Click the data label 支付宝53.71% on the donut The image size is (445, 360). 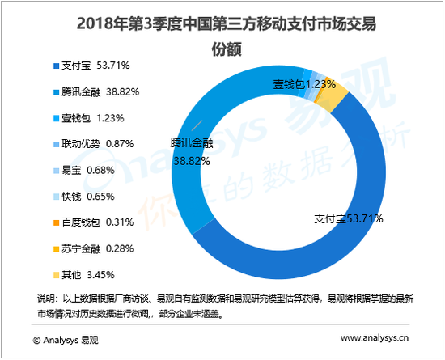(349, 218)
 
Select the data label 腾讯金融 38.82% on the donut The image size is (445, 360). (191, 151)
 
